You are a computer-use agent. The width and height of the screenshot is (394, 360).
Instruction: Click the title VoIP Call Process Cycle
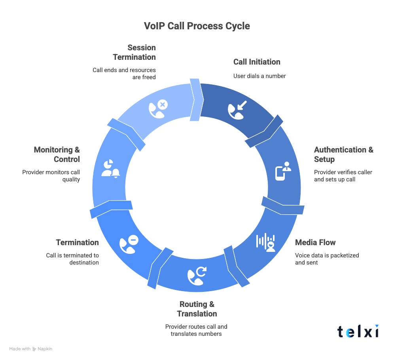coord(197,26)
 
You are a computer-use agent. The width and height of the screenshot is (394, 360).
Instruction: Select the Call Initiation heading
coord(256,62)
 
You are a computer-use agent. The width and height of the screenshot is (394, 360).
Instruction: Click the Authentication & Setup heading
coord(343,154)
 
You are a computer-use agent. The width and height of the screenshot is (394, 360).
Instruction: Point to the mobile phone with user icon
coord(283,171)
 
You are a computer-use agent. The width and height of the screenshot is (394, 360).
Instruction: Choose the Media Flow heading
coord(315,242)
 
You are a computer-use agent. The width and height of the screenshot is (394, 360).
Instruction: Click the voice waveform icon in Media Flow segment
coord(265,242)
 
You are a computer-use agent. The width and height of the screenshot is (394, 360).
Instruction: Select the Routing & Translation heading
coord(197,309)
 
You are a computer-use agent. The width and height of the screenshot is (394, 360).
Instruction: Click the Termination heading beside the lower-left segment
coord(77,242)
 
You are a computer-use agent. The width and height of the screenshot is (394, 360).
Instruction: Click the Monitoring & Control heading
coord(57,154)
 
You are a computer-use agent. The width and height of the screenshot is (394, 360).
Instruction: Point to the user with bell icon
coord(110,168)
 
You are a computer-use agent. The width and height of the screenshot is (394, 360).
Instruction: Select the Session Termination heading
coord(134,52)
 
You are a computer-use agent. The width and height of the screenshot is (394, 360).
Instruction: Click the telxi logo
coord(358,331)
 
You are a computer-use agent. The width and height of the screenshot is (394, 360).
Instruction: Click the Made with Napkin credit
coord(31,349)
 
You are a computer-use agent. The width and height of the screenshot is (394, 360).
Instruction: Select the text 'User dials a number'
coord(259,76)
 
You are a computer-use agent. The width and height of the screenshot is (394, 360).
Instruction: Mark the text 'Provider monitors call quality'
coord(51,175)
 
